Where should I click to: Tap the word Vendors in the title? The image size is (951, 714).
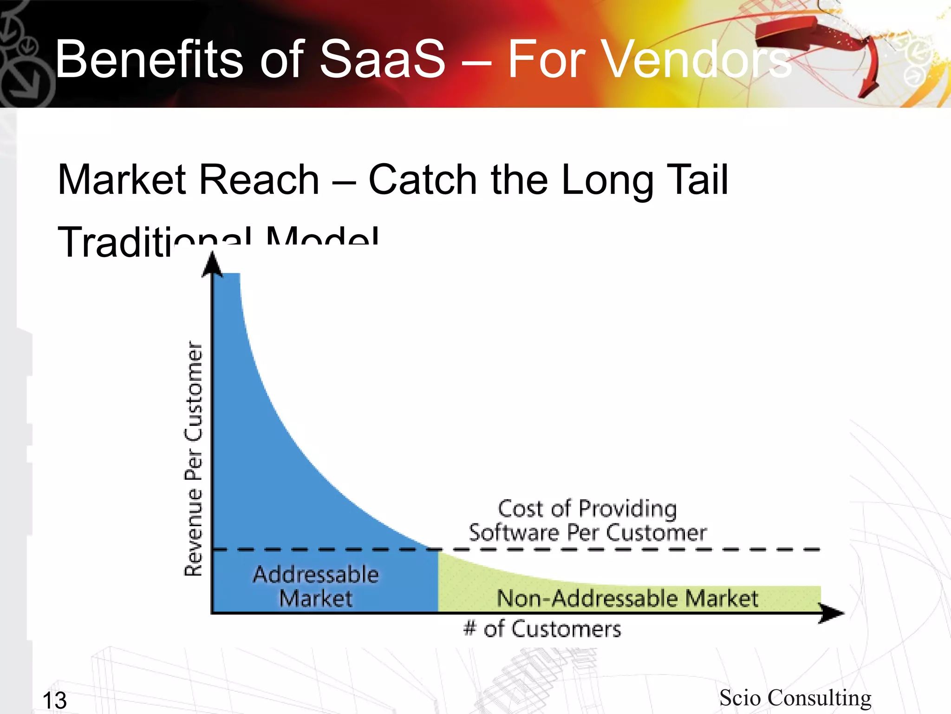point(649,59)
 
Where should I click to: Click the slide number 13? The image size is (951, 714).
point(54,700)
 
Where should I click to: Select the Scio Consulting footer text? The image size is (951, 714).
point(795,698)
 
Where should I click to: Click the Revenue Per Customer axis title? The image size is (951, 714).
point(193,458)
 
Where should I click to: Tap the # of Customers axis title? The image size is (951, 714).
point(542,629)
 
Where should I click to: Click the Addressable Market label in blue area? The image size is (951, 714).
point(316,586)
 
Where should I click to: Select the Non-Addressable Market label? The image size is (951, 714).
point(627,598)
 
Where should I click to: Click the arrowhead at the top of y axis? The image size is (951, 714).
point(213,265)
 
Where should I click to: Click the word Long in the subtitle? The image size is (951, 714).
point(606,180)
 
